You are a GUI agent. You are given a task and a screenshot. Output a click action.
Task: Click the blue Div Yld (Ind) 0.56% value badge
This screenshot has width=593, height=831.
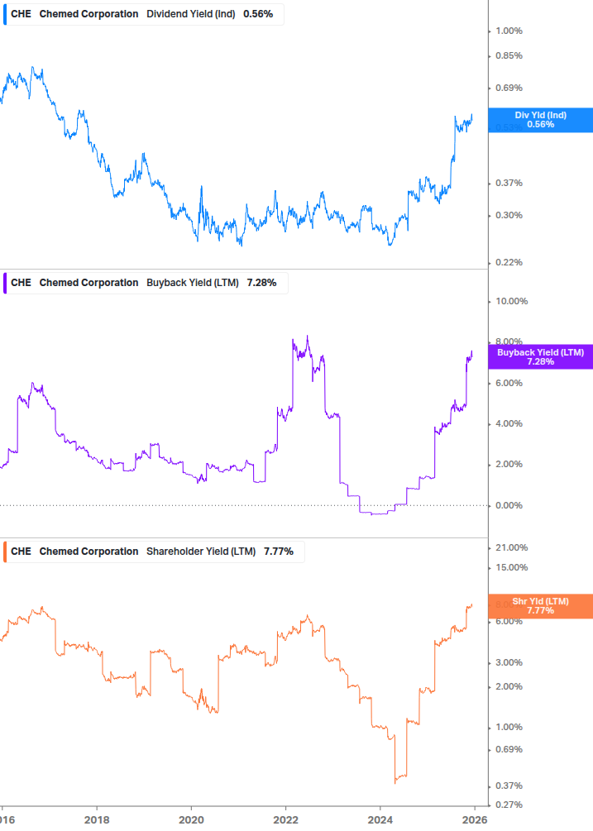540,120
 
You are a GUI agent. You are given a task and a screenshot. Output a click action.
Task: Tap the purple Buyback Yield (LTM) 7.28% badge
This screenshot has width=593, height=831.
540,356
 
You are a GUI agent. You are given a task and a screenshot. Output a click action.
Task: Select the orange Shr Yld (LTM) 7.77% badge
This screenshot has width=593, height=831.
540,605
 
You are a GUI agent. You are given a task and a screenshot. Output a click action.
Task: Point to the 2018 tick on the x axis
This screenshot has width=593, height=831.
97,819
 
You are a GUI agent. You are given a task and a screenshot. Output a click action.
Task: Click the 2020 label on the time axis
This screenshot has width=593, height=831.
191,819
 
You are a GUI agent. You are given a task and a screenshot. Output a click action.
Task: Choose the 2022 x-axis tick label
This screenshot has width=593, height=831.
285,819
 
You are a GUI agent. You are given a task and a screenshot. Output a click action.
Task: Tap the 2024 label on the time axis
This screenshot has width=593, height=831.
380,819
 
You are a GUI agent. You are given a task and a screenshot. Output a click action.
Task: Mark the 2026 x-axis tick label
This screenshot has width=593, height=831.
474,819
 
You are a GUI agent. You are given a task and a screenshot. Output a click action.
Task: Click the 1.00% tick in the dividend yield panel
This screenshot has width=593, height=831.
509,31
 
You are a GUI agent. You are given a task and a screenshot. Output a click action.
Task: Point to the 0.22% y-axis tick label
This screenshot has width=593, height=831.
509,262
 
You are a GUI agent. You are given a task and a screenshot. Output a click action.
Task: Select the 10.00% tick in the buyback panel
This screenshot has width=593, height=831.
511,301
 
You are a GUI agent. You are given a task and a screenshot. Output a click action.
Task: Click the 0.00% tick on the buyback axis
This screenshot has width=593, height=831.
509,505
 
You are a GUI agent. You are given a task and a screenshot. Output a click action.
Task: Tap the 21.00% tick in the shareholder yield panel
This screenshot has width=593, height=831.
511,547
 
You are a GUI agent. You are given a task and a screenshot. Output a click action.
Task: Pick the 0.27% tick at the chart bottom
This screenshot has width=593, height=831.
509,805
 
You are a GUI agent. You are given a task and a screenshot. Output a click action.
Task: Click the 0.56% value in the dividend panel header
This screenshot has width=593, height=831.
258,14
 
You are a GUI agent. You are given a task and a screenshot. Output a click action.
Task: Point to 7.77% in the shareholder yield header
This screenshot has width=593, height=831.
279,552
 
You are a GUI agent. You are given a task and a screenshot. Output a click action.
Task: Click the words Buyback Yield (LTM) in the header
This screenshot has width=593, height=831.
192,283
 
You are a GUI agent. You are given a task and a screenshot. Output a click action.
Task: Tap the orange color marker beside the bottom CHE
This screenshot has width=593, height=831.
5,552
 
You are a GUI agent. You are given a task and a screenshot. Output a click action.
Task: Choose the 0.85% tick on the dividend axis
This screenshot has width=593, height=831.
509,55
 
